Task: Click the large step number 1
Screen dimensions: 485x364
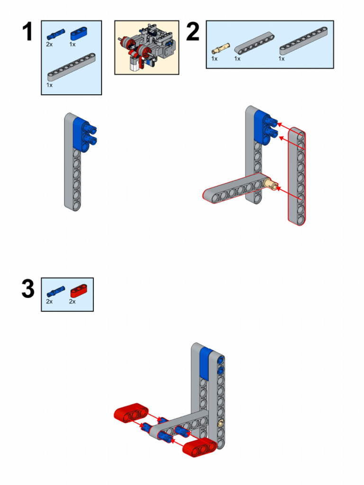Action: pos(27,33)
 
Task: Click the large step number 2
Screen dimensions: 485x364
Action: pos(192,32)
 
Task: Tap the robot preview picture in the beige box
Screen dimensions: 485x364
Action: pos(146,47)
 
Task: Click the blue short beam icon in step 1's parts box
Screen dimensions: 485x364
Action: pos(79,35)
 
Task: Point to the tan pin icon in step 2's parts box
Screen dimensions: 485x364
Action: pos(220,47)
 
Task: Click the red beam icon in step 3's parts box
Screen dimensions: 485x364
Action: pos(79,290)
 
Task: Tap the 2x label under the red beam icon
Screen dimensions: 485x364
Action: pos(73,302)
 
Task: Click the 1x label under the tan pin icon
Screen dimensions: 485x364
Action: pos(214,59)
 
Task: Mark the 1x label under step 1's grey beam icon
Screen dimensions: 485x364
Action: pos(49,85)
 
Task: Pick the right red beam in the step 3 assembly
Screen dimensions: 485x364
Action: pos(200,447)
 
